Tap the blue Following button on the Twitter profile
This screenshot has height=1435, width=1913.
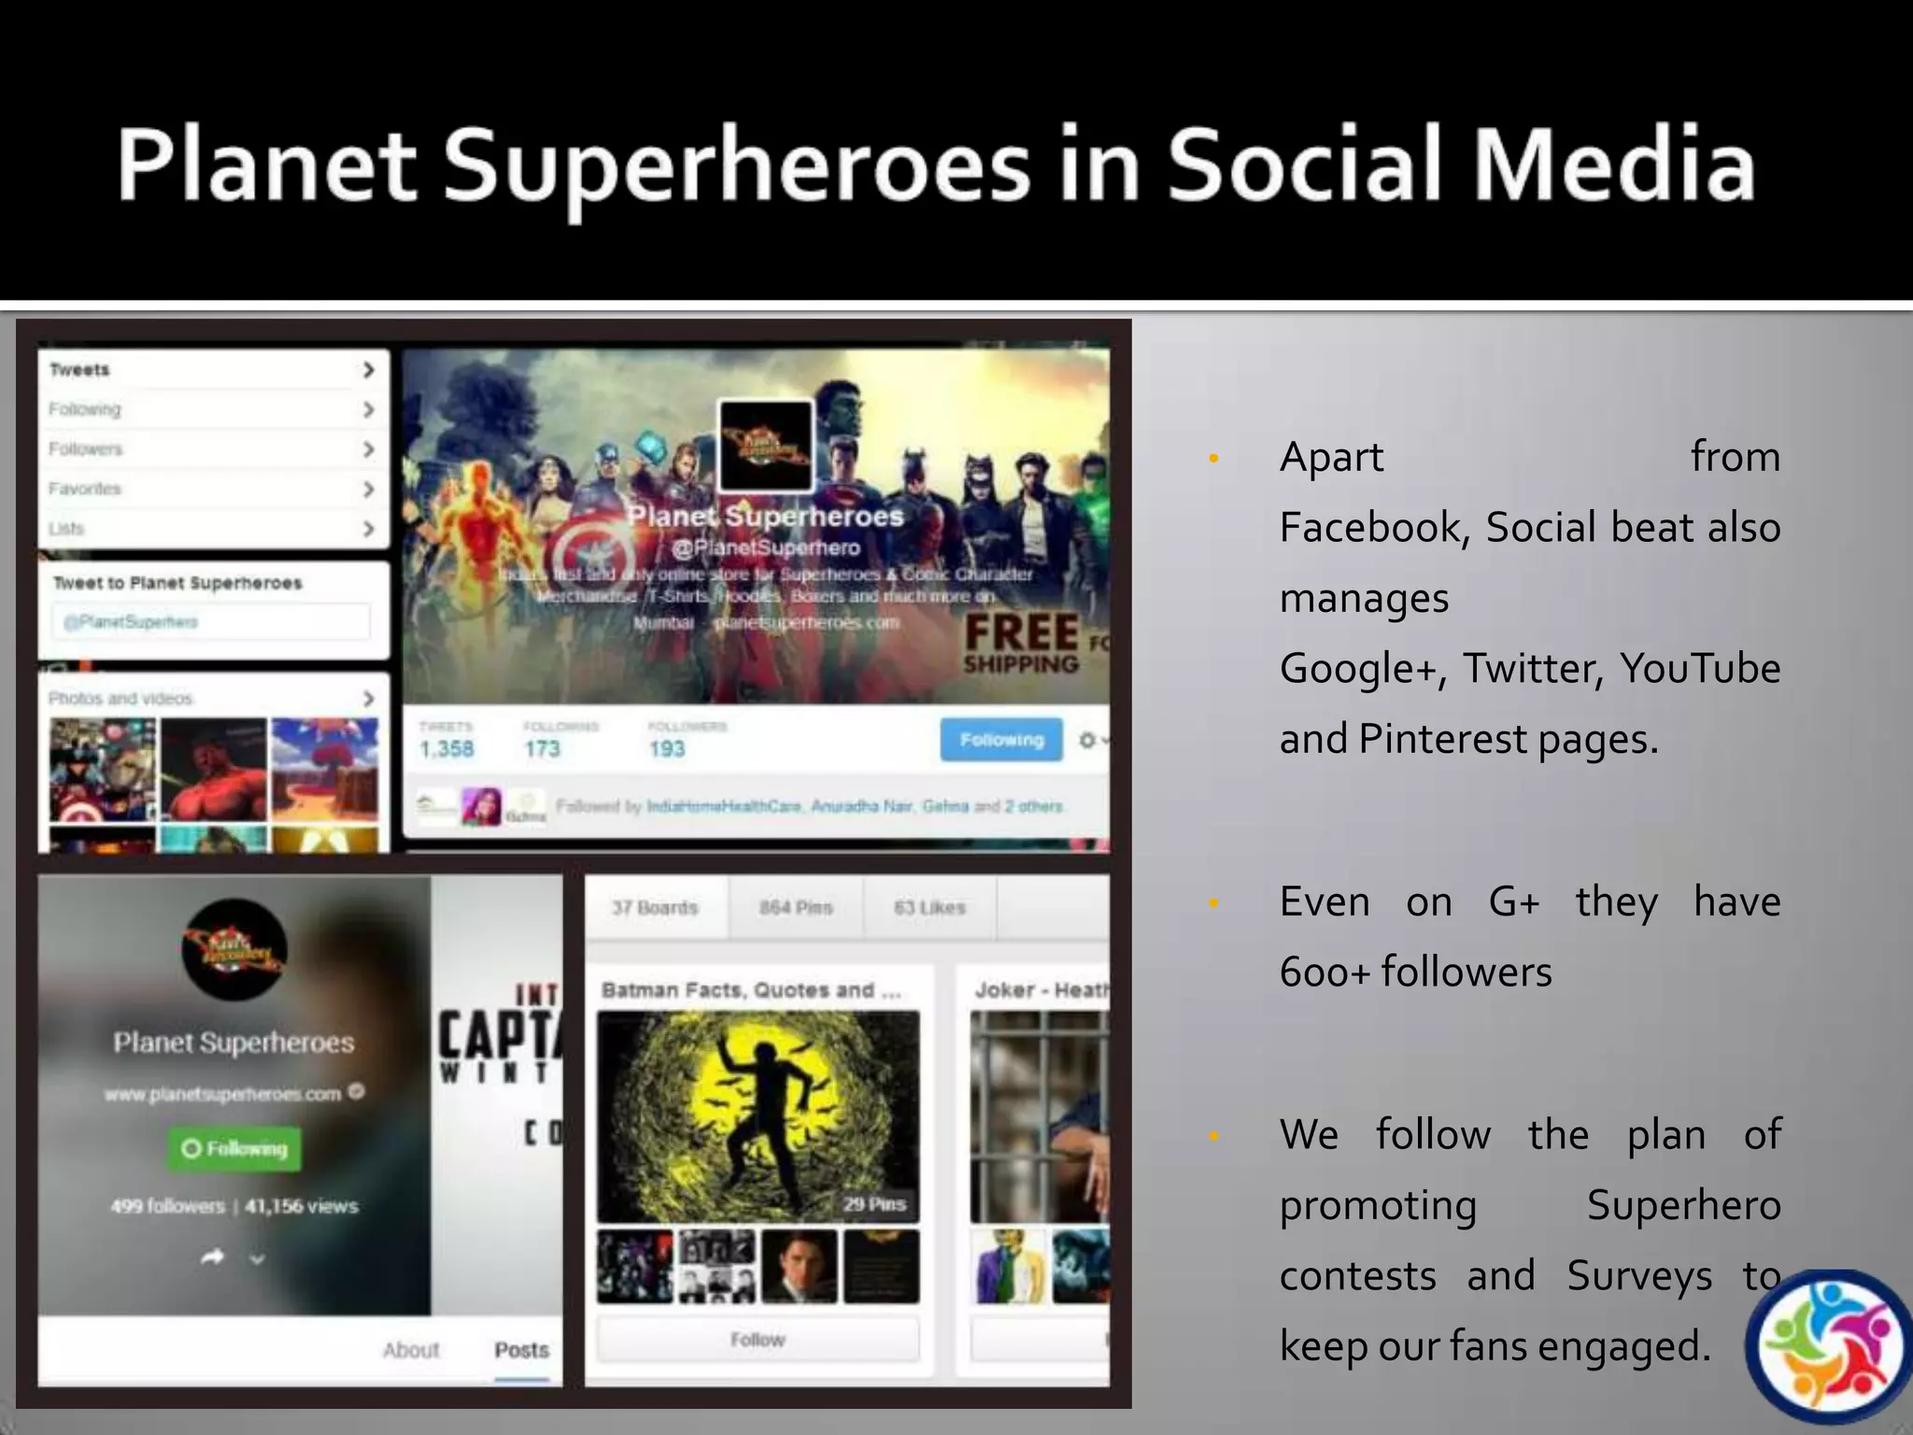click(x=1000, y=740)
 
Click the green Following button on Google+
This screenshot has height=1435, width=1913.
click(x=234, y=1148)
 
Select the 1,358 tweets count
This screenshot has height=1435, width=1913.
click(x=446, y=748)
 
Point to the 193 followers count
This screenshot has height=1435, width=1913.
click(x=667, y=748)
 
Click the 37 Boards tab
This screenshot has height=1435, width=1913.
click(x=655, y=907)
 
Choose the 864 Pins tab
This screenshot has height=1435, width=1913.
click(x=796, y=907)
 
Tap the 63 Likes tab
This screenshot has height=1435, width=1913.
click(x=929, y=907)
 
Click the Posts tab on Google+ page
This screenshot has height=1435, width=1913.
click(x=521, y=1350)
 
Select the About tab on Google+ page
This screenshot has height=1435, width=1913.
click(x=410, y=1350)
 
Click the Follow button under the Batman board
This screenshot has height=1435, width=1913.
click(x=758, y=1340)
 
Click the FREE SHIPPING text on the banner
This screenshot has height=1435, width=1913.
click(x=1022, y=644)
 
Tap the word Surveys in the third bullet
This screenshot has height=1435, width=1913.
click(x=1639, y=1276)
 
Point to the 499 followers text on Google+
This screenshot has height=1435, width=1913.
click(x=168, y=1206)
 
